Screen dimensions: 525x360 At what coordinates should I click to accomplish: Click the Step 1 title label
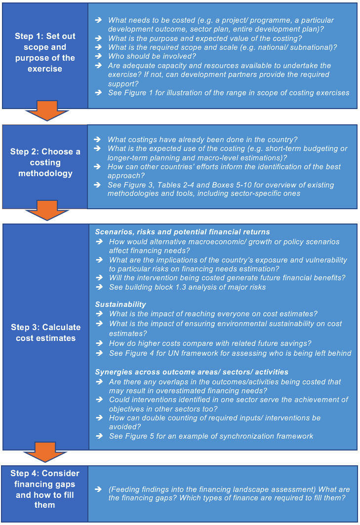(44, 52)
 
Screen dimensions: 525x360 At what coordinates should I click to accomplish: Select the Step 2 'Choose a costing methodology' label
(45, 162)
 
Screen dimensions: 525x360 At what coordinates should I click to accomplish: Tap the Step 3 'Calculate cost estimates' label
(45, 333)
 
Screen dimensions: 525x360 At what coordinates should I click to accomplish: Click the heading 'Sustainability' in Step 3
(120, 304)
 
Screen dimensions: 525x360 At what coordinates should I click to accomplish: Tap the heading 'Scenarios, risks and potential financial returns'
(182, 232)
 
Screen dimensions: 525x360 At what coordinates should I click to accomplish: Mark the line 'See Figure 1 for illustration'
(229, 93)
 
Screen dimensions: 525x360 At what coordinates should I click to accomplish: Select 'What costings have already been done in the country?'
(202, 140)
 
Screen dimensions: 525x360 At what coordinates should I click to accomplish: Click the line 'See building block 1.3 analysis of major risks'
(187, 287)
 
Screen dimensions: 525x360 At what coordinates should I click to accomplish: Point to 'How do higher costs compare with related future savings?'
(210, 343)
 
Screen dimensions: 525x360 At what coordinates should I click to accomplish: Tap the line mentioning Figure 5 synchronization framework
(211, 436)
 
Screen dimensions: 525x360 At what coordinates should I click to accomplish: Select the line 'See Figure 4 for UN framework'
(230, 353)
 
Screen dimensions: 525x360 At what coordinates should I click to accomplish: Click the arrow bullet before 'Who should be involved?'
(99, 56)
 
